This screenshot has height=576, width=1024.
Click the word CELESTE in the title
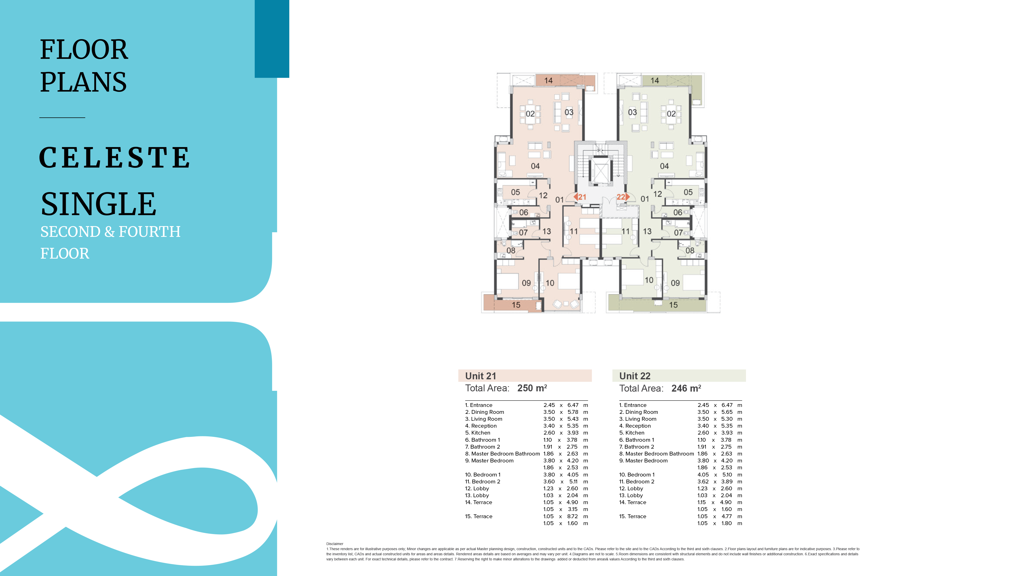click(114, 157)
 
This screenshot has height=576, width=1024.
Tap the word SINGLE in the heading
click(99, 204)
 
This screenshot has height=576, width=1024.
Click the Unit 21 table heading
click(481, 376)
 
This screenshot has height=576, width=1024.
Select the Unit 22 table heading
click(635, 376)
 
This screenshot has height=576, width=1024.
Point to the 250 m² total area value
click(532, 388)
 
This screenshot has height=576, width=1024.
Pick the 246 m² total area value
click(686, 388)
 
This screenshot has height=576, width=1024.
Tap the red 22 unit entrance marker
click(623, 197)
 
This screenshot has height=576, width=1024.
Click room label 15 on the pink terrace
click(516, 305)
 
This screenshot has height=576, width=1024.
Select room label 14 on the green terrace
click(655, 81)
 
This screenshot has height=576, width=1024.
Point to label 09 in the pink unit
click(526, 283)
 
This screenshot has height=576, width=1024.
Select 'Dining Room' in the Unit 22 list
click(642, 412)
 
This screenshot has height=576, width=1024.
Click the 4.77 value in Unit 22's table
click(727, 516)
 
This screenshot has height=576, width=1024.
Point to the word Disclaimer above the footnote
click(335, 544)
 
